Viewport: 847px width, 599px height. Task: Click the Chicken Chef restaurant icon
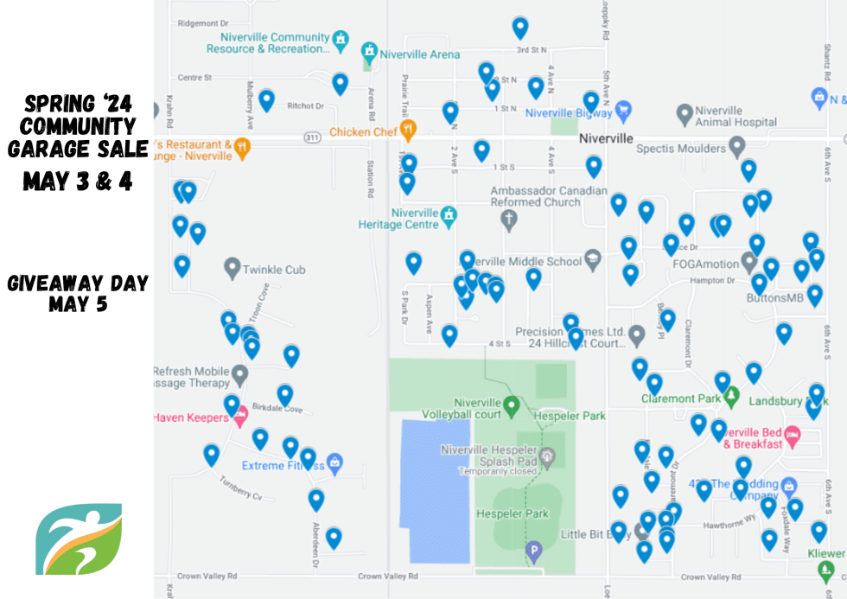tap(408, 131)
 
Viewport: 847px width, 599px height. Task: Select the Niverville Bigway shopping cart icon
tap(623, 112)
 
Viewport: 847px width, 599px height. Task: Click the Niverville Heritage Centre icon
tap(449, 215)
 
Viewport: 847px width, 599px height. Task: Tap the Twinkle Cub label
tap(274, 270)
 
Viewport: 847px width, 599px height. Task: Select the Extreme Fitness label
tap(274, 466)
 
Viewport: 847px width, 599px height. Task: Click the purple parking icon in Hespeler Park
tap(534, 550)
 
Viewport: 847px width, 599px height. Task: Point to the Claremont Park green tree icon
tap(732, 397)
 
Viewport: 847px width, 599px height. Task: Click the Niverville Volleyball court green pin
tap(511, 405)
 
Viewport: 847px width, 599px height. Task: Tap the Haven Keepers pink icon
tap(240, 416)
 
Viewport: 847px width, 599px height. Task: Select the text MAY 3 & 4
tap(78, 182)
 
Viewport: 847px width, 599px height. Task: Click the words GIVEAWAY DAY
tap(78, 284)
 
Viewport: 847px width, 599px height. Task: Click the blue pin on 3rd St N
tap(519, 28)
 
